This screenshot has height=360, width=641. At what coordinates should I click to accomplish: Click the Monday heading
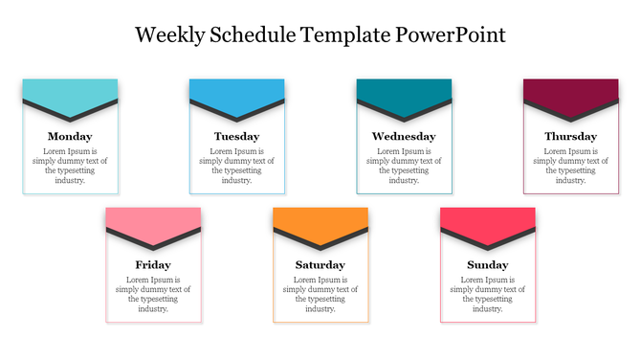pyautogui.click(x=70, y=136)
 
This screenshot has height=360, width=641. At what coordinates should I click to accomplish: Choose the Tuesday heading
pyautogui.click(x=236, y=136)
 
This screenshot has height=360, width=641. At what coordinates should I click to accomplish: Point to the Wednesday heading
pyautogui.click(x=404, y=136)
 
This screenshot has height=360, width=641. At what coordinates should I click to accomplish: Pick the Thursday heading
pyautogui.click(x=570, y=136)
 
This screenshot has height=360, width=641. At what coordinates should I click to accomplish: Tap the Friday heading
pyautogui.click(x=153, y=264)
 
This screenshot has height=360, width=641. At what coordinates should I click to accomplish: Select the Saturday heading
pyautogui.click(x=320, y=264)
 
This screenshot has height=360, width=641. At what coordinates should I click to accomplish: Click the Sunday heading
pyautogui.click(x=487, y=264)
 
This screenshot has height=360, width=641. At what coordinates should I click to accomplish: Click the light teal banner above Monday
pyautogui.click(x=70, y=90)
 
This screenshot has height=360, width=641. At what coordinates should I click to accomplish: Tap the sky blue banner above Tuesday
pyautogui.click(x=236, y=90)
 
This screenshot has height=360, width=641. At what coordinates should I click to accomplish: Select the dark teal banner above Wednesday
pyautogui.click(x=404, y=90)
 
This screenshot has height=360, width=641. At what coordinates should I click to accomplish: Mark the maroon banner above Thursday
pyautogui.click(x=570, y=90)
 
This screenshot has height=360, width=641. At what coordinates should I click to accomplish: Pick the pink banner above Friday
pyautogui.click(x=153, y=218)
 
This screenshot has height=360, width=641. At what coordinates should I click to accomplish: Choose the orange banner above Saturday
pyautogui.click(x=320, y=218)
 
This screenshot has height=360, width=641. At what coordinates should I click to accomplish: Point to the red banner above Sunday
pyautogui.click(x=487, y=218)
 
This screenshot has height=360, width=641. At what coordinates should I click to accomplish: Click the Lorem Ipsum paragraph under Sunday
pyautogui.click(x=487, y=294)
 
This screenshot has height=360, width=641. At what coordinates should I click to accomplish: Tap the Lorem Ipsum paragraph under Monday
pyautogui.click(x=70, y=166)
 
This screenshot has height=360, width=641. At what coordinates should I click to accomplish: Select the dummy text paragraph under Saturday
pyautogui.click(x=320, y=294)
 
